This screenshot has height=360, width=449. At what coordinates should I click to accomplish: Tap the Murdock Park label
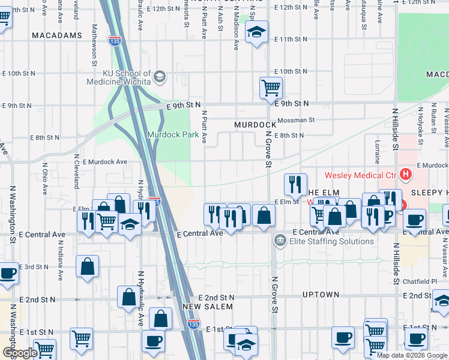click(173, 135)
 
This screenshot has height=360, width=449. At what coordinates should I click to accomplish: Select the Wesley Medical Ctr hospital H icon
click(406, 175)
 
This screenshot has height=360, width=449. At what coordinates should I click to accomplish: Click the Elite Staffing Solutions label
click(331, 242)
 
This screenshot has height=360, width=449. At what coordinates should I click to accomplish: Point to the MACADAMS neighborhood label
click(57, 36)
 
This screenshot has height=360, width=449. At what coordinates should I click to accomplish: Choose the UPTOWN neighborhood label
click(321, 295)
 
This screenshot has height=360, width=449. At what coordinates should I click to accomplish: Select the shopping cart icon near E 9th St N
click(271, 88)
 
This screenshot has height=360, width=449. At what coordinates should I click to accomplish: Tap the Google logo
click(20, 353)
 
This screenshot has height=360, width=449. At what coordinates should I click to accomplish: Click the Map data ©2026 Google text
click(412, 355)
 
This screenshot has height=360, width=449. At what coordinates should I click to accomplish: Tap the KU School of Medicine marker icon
click(159, 76)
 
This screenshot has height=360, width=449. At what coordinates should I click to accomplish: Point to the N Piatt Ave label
click(204, 127)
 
